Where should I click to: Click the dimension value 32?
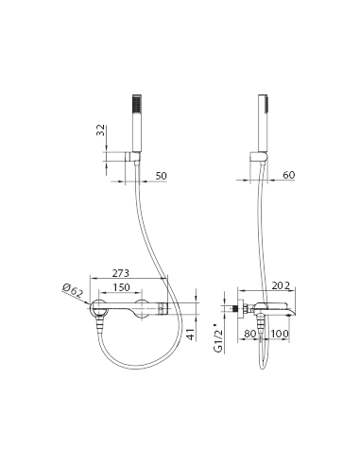click(x=100, y=129)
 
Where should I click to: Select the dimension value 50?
click(x=161, y=176)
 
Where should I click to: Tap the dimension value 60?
click(x=288, y=175)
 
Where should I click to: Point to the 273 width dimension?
click(x=121, y=273)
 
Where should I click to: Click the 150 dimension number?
click(x=121, y=287)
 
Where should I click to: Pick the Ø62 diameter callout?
click(x=73, y=290)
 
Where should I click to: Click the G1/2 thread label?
click(x=218, y=337)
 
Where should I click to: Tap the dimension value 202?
click(x=281, y=285)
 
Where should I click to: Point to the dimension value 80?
click(x=250, y=334)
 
